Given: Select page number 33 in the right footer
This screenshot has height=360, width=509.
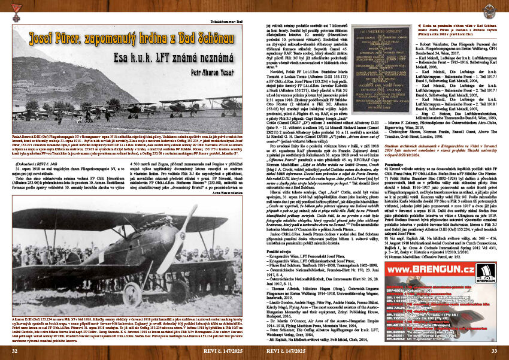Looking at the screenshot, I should pyautogui.click(x=493, y=350).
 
